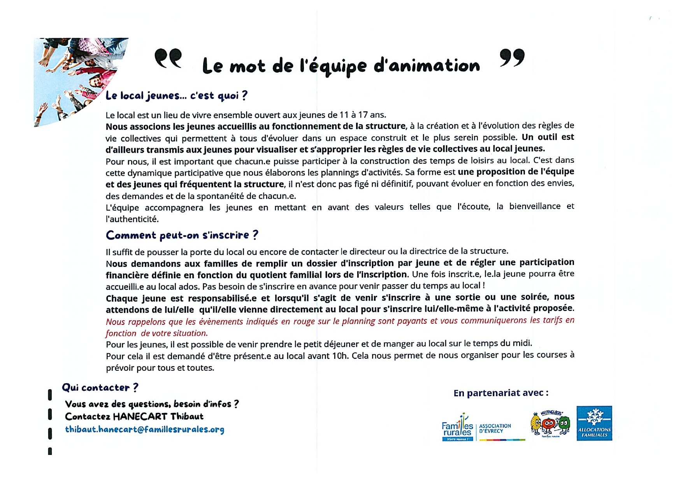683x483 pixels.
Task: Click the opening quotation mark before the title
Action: (168, 58)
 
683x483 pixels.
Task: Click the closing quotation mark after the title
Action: (512, 58)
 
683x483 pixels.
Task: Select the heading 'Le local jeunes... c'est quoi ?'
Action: (176, 96)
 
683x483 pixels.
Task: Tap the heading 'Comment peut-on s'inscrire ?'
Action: (182, 235)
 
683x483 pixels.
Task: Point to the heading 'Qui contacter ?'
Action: (100, 388)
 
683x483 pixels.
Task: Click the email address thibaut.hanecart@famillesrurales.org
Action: (144, 430)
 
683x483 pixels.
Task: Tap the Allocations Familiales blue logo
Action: (594, 423)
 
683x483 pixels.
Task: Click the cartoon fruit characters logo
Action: (550, 424)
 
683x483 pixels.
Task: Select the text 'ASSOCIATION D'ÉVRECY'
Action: (495, 428)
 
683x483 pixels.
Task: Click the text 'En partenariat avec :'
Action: (501, 393)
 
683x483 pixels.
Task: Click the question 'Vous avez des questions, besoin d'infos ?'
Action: (152, 404)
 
